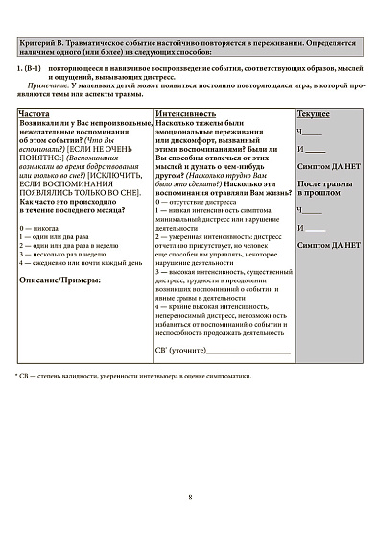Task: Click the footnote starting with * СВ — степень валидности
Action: tap(133, 375)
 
